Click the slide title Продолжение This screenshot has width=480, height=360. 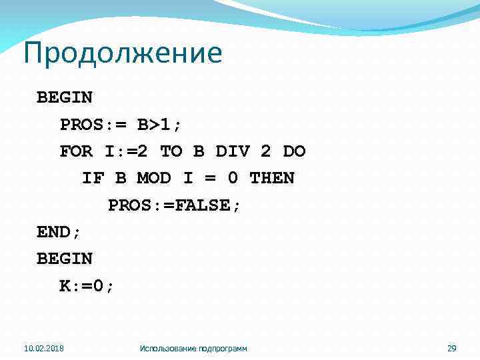point(122,54)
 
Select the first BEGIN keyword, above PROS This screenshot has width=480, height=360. point(65,97)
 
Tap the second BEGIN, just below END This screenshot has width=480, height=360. point(65,258)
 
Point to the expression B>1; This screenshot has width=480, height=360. point(159,125)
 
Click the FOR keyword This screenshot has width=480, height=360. point(77,151)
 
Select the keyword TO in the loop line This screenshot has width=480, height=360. point(171,151)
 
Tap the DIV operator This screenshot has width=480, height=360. point(233,151)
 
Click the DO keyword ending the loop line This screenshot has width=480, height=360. point(294,151)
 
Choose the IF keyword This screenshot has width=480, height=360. point(93,178)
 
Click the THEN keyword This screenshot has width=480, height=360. point(271,178)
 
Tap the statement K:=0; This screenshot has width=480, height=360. point(87,285)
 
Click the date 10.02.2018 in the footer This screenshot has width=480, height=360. point(44,348)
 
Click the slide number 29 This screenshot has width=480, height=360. point(451,348)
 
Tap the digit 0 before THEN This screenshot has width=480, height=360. point(231,178)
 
